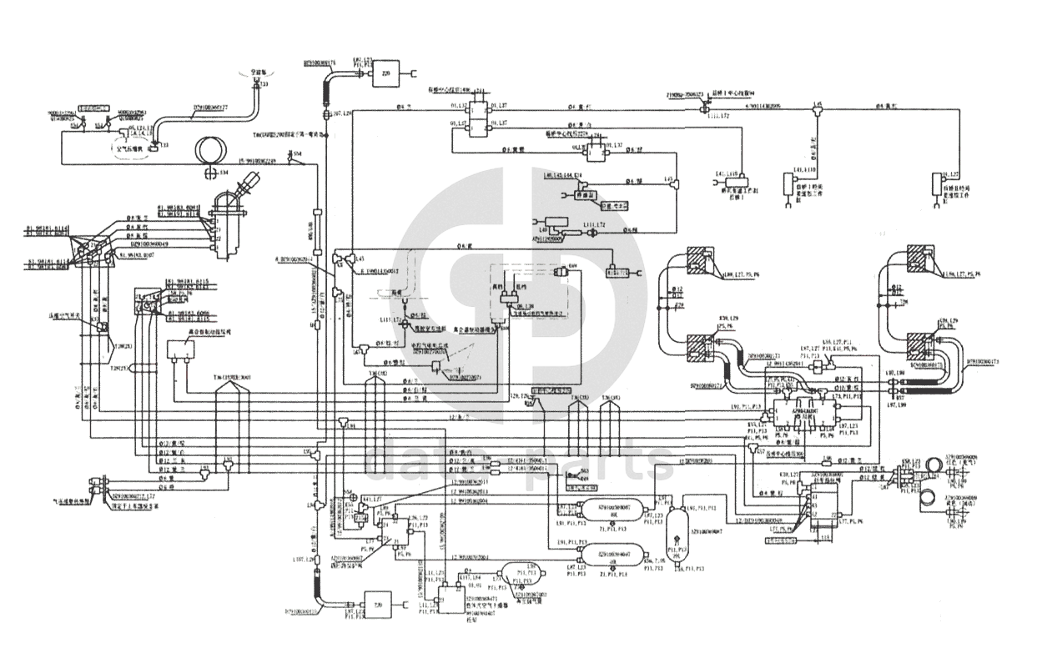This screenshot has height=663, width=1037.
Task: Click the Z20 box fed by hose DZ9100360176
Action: pyautogui.click(x=385, y=72)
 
